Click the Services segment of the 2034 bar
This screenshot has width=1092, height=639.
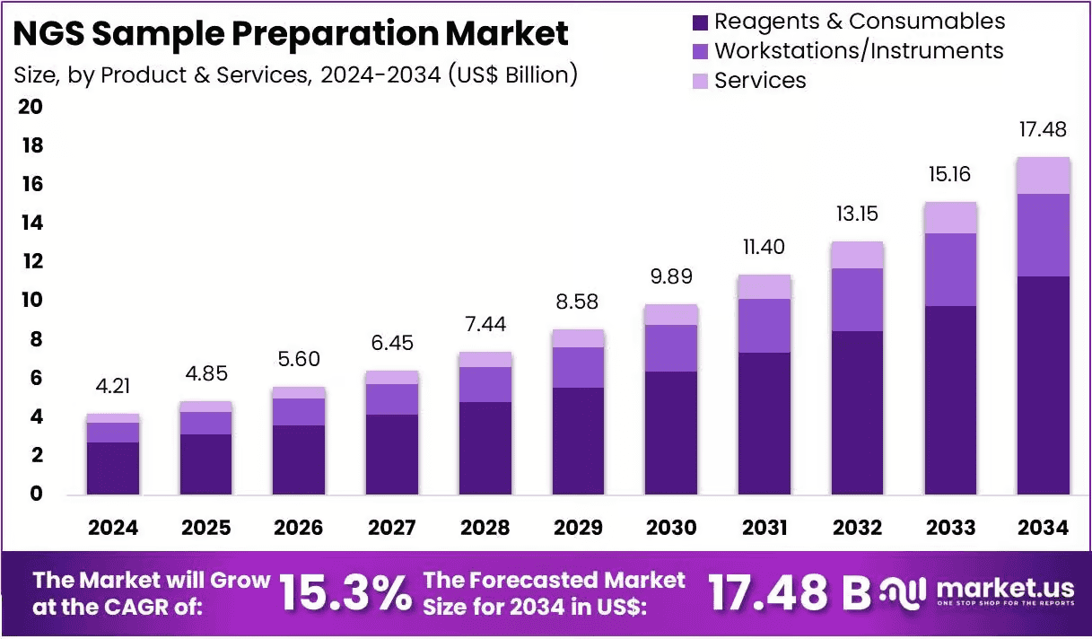click(x=1044, y=176)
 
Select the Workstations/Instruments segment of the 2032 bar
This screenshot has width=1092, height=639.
click(x=857, y=300)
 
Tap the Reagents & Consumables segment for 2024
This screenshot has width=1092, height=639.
click(x=113, y=468)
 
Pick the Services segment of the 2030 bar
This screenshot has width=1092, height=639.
click(x=671, y=315)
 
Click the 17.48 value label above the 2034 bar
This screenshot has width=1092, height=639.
click(x=1043, y=129)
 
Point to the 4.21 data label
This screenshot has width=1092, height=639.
click(x=113, y=386)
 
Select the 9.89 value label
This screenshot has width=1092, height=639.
click(x=671, y=276)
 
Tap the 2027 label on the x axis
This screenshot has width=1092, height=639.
click(x=392, y=528)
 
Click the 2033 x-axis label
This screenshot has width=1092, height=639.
click(x=950, y=528)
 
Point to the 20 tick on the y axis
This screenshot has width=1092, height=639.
click(x=31, y=107)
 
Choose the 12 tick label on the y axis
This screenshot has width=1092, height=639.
click(x=32, y=261)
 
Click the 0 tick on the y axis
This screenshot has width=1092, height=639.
click(x=36, y=494)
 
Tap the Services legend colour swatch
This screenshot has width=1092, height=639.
click(x=700, y=82)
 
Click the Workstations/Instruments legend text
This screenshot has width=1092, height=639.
click(x=859, y=50)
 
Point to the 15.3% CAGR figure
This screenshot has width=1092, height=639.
click(x=345, y=592)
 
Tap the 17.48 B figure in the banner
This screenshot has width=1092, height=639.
click(x=789, y=592)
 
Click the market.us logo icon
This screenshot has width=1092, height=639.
click(x=903, y=592)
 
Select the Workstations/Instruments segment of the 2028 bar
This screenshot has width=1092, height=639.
click(x=485, y=385)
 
